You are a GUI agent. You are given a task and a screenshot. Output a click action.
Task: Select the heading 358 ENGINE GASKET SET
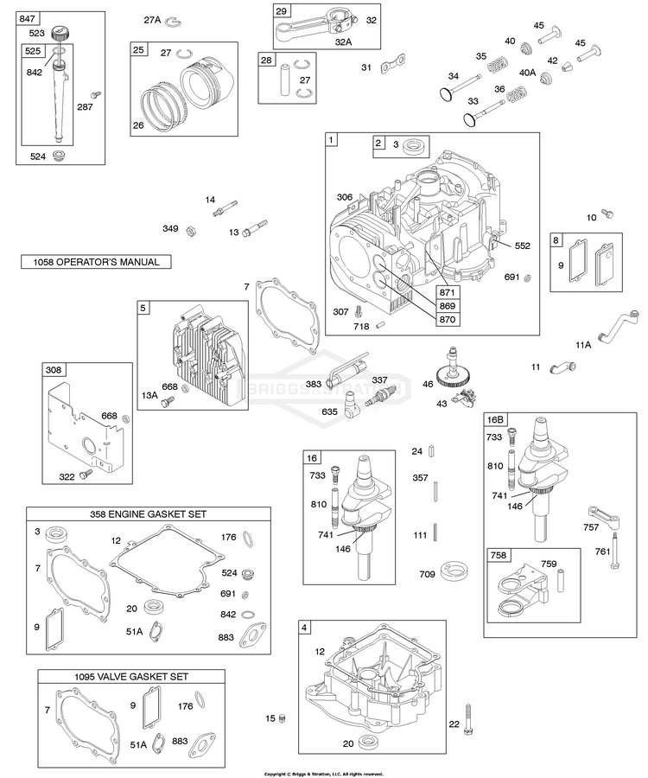coord(139,513)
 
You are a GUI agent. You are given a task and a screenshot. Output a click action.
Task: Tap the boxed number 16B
coord(495,419)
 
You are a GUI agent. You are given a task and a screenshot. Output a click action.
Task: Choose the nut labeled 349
coord(194,229)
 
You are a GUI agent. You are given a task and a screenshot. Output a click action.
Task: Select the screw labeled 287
coord(97,92)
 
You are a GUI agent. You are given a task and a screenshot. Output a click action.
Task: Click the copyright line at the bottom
coord(323,774)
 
